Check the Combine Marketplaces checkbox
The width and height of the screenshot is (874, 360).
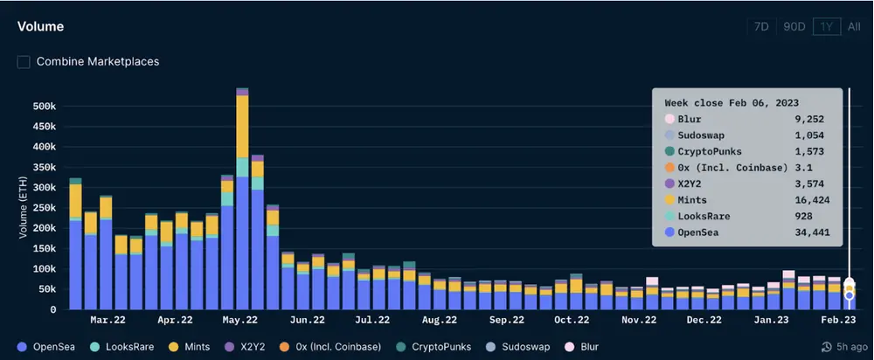24,62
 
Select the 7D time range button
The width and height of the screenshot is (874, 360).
761,27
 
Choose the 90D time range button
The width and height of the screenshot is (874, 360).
794,27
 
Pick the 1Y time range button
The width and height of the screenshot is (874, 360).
824,27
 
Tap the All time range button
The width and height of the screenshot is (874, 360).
854,27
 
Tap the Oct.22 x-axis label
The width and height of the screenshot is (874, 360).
571,321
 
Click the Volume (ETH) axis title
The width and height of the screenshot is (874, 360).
24,206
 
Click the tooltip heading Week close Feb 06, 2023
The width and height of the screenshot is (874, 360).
732,103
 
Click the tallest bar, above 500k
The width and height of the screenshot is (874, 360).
242,201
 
